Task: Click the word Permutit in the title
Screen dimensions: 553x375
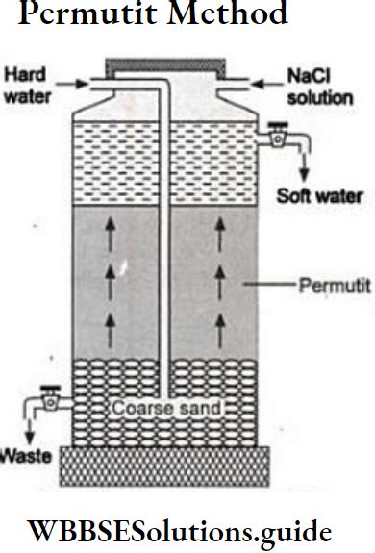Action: [71, 14]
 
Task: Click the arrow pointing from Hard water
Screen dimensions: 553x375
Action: [69, 85]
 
